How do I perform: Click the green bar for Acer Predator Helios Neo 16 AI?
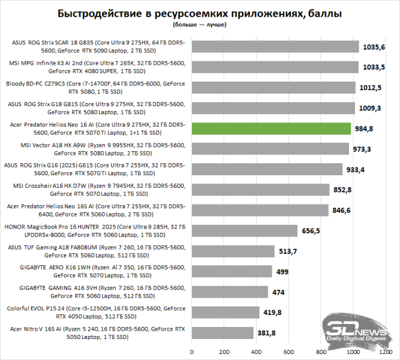(x=271, y=128)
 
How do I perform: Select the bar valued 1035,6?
(x=275, y=47)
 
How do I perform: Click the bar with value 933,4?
(x=267, y=169)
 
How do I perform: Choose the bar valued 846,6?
(x=260, y=210)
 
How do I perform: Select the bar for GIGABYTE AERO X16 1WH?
(x=232, y=271)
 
